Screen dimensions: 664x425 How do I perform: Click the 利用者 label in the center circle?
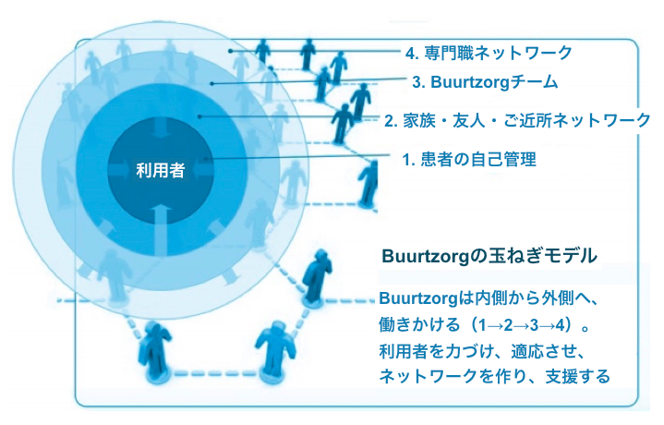tap(161, 170)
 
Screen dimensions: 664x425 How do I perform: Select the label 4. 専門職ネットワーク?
tap(489, 53)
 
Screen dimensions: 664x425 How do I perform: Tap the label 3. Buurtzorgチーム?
tap(485, 82)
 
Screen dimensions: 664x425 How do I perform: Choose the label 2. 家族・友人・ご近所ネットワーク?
tap(517, 120)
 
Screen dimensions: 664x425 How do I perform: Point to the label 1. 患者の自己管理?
tap(469, 160)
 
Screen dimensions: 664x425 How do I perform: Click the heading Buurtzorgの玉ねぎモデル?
tap(489, 256)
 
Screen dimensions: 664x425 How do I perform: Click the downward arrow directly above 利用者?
tap(161, 128)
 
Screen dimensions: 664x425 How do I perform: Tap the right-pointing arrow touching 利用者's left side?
tap(121, 171)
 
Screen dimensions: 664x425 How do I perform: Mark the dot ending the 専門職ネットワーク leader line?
tap(230, 51)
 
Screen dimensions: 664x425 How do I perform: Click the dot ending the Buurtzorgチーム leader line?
tap(212, 83)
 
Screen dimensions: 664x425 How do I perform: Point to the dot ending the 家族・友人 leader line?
tap(199, 115)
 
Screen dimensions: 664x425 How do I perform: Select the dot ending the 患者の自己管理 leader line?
tap(206, 159)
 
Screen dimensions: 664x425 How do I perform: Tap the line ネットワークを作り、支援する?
tap(494, 376)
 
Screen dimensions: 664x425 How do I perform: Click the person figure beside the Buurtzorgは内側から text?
tap(317, 276)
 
